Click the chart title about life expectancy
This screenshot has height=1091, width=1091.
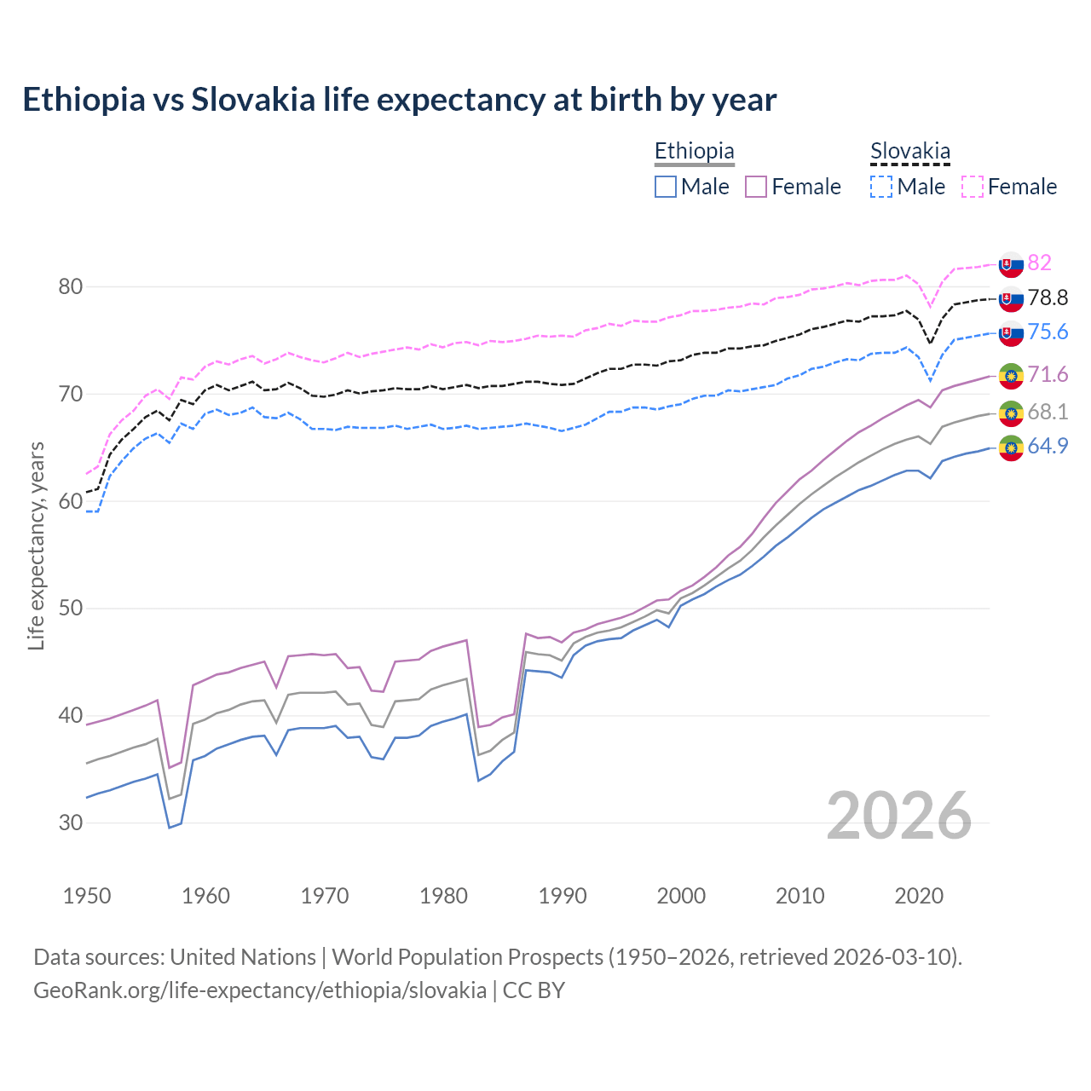[x=399, y=100]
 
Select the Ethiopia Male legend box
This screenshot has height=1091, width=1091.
[x=666, y=187]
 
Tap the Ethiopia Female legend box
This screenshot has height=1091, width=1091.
[x=757, y=187]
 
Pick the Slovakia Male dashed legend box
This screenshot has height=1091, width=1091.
[x=881, y=187]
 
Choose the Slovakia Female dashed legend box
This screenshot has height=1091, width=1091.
[x=973, y=187]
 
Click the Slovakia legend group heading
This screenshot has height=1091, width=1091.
[x=909, y=152]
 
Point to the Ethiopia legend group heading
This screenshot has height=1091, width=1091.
[x=694, y=152]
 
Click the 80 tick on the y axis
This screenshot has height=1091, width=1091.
[x=71, y=286]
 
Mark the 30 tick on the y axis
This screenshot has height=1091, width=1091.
[x=71, y=823]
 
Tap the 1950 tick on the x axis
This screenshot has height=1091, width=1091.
[x=87, y=896]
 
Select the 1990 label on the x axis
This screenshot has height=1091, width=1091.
[x=563, y=896]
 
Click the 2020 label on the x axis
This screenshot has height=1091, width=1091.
[x=919, y=896]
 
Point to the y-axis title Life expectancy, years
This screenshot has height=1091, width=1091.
[x=36, y=545]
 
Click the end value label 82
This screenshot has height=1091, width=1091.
[x=1039, y=263]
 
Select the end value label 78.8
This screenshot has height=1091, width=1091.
[x=1048, y=297]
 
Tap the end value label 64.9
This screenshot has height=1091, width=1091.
[x=1048, y=446]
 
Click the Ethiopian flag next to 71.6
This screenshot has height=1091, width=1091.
[x=1011, y=375]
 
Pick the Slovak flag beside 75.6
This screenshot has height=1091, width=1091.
[x=1011, y=333]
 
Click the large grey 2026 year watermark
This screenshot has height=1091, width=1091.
[x=899, y=816]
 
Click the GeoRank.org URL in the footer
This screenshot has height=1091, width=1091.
[x=260, y=990]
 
